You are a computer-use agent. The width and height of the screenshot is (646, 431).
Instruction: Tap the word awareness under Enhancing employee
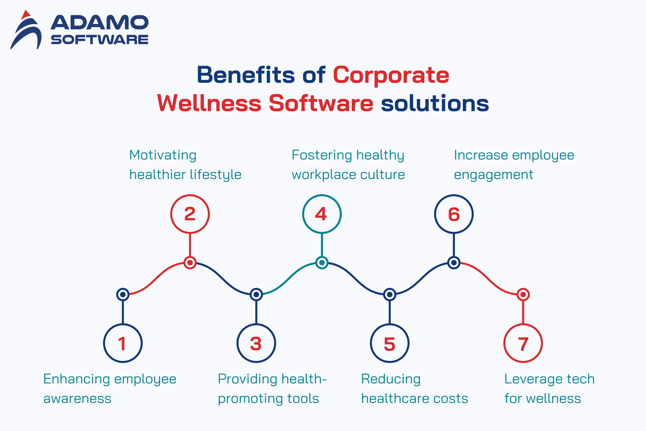tap(77, 399)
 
